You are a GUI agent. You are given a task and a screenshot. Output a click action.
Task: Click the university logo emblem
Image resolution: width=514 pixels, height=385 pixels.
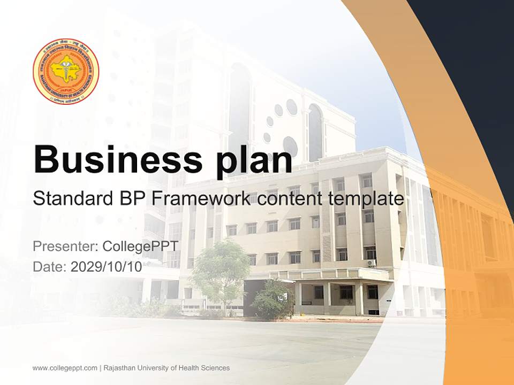coord(66,72)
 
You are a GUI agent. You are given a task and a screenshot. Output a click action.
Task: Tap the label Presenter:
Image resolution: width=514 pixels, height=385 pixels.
coord(65,247)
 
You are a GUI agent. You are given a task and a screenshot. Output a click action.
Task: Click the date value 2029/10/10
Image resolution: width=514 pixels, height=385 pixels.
coord(107,267)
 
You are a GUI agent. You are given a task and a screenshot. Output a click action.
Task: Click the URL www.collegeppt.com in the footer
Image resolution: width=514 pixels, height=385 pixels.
coord(65,368)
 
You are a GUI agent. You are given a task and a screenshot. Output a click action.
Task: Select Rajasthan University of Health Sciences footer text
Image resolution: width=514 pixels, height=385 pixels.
coord(167,368)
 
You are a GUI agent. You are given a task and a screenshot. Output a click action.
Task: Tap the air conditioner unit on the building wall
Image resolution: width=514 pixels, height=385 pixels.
coord(371,263)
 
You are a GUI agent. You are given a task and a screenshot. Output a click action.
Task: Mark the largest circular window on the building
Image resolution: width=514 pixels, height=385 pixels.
coord(290,146)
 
